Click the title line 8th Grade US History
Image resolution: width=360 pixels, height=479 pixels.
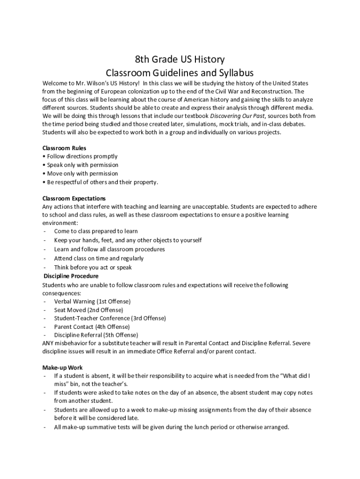pos(180,59)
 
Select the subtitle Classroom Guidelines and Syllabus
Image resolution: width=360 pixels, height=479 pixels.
pos(180,73)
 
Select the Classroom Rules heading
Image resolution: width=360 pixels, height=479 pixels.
pos(64,148)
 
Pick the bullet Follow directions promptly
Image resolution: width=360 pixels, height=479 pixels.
pos(82,156)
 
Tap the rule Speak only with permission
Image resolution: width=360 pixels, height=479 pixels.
pos(82,165)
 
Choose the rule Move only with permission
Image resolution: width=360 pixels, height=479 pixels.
pos(82,174)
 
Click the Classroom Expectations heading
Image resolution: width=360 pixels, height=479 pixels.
pos(74,198)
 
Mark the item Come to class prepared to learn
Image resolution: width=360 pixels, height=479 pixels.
pos(95,231)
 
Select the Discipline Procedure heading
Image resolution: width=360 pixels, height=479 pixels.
pos(71,276)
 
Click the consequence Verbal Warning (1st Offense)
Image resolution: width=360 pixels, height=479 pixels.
pos(92,301)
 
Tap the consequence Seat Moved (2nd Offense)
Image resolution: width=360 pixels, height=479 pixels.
pos(88,310)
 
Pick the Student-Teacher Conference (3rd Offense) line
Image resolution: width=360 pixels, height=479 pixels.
pos(109,318)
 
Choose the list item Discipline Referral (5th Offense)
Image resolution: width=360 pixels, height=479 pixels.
pos(96,335)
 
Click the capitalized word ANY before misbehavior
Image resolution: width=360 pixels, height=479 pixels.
pos(48,343)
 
